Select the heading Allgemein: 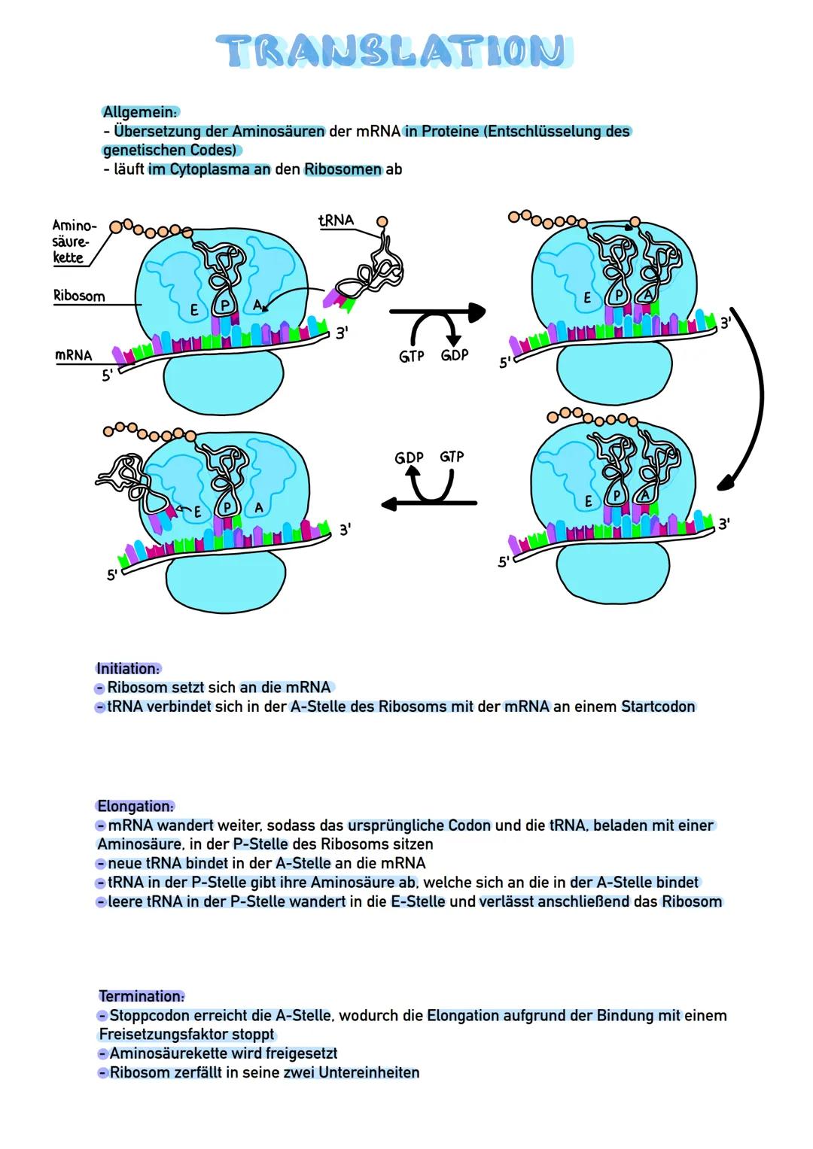[140, 112]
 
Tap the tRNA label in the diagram [336, 220]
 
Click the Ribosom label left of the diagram [79, 296]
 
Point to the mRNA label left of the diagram [74, 354]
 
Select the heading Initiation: [128, 668]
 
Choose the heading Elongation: [135, 806]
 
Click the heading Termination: [142, 996]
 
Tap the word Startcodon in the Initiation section [658, 707]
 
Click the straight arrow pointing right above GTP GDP [437, 310]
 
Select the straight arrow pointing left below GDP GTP [429, 503]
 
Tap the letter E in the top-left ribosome [193, 310]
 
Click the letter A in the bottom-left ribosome [258, 508]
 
